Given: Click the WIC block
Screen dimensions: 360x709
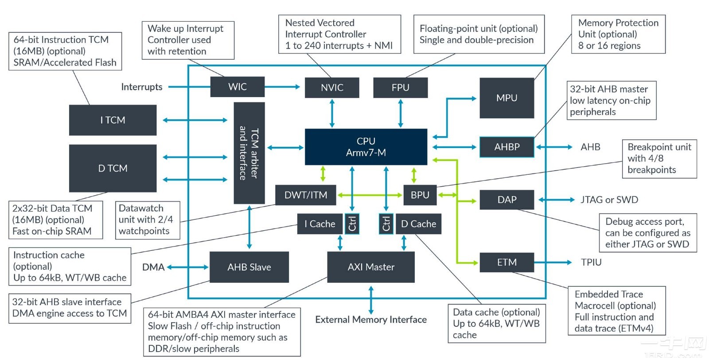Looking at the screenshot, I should [x=237, y=87].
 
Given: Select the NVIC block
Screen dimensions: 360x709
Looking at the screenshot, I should [x=332, y=88].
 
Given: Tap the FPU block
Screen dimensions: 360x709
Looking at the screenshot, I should [x=400, y=88].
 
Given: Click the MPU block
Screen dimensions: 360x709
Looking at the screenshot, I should [x=506, y=98].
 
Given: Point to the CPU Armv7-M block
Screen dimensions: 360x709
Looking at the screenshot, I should [x=366, y=147].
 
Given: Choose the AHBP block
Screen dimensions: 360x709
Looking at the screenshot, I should [x=506, y=147].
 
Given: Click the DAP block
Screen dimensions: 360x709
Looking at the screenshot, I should [x=506, y=200].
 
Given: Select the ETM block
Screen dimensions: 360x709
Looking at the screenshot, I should [x=506, y=262].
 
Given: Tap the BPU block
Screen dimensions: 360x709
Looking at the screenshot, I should [x=420, y=195].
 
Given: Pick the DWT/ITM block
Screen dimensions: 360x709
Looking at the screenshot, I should [x=305, y=195].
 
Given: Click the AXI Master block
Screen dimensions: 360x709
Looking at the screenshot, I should [x=371, y=267].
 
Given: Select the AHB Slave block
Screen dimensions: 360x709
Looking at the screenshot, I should [x=249, y=267].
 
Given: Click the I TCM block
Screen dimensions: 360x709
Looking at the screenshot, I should [x=113, y=120].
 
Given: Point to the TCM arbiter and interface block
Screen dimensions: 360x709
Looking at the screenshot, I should [x=249, y=153].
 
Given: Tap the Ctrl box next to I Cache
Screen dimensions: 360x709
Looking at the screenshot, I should [x=352, y=224].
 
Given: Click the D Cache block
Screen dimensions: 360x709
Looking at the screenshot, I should [x=418, y=224].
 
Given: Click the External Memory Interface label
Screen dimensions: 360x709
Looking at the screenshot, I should [x=371, y=320].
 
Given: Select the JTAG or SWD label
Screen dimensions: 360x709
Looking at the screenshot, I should [x=609, y=200].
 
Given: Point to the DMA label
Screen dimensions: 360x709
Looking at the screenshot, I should [x=153, y=267].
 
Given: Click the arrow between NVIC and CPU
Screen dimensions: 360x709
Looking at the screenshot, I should [x=332, y=113].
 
